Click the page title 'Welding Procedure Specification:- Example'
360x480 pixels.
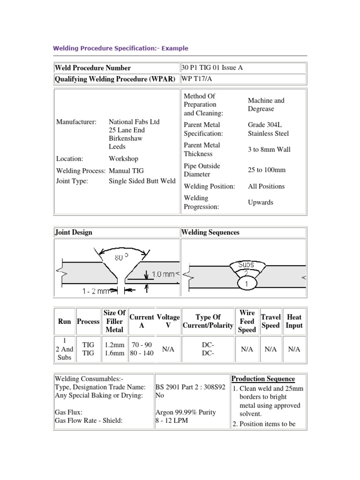(x=120, y=48)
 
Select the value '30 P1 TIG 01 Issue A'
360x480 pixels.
(x=212, y=67)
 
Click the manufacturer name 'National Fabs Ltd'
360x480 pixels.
(x=134, y=122)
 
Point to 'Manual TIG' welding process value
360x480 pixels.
(x=127, y=171)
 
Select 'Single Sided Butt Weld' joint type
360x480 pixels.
(x=142, y=181)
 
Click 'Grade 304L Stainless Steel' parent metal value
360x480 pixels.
(x=268, y=129)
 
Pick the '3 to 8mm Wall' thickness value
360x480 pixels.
(x=269, y=150)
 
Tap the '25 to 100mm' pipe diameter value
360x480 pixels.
(x=266, y=170)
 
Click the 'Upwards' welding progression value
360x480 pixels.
(x=260, y=202)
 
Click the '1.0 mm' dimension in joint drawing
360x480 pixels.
(x=162, y=275)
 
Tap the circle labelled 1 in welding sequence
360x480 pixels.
(x=247, y=284)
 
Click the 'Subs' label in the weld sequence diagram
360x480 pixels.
(x=247, y=265)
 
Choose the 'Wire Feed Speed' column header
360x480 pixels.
(x=247, y=322)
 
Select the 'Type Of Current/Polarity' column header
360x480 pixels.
(x=208, y=322)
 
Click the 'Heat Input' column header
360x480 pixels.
(x=294, y=322)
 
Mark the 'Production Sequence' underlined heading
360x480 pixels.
(x=263, y=379)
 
